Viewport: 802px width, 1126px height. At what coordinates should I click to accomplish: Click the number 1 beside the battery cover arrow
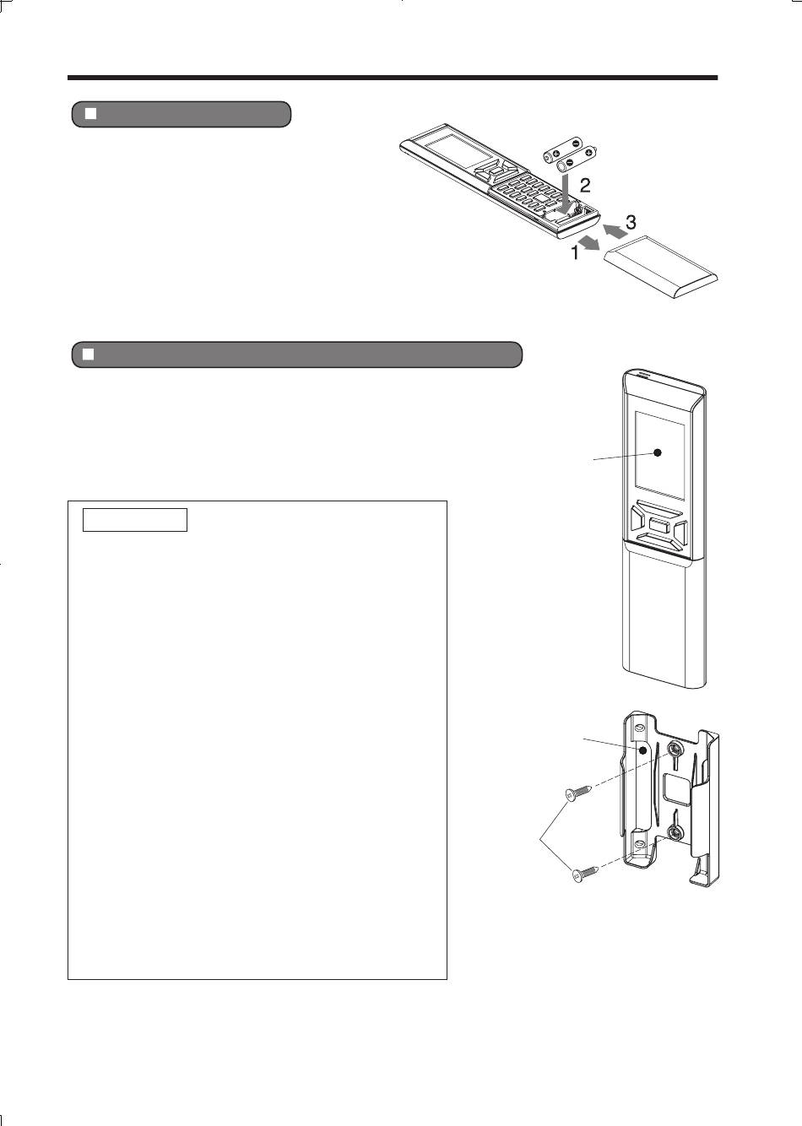coord(575,252)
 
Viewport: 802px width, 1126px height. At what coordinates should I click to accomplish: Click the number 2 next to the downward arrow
coord(585,185)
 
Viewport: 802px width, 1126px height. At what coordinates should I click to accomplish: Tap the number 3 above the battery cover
coord(631,222)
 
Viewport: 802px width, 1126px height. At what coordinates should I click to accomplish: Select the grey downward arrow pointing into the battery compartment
coord(567,192)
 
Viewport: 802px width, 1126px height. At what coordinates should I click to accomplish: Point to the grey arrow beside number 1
coord(590,243)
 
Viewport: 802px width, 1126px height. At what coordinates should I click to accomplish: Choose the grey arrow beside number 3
coord(615,231)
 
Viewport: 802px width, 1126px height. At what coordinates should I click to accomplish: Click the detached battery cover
coord(660,266)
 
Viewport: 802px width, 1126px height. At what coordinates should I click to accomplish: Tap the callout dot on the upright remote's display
coord(658,452)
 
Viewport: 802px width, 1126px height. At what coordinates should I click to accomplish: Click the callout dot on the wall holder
coord(642,765)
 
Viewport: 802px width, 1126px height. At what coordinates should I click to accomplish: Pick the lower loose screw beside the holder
coord(585,873)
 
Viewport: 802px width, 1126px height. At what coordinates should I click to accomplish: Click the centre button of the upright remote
coord(658,526)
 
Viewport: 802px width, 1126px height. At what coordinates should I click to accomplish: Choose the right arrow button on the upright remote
coord(679,533)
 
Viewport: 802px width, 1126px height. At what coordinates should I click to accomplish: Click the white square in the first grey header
coord(90,114)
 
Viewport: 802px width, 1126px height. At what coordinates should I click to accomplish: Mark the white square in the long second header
coord(89,355)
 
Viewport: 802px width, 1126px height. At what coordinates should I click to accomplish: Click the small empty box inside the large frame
coord(135,520)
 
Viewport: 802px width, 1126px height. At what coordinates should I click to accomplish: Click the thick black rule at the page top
coord(393,78)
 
